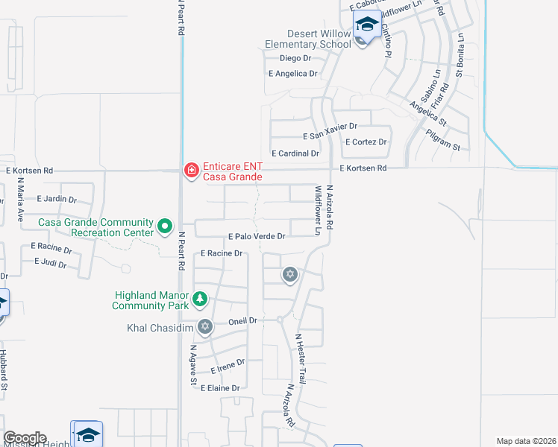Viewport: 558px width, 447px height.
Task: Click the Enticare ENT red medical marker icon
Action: [192, 171]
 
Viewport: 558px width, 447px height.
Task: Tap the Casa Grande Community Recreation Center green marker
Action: [165, 224]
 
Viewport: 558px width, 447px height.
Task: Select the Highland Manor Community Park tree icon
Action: [200, 299]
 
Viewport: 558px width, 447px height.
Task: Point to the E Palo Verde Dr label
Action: [257, 236]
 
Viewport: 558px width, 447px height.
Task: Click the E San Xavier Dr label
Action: [330, 136]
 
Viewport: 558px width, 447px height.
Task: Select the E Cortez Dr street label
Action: [366, 142]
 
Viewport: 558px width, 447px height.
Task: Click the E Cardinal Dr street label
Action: [295, 153]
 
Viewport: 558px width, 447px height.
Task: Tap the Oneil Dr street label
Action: [242, 320]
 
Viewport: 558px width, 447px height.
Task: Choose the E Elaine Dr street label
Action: [219, 388]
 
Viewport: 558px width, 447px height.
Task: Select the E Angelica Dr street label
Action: [293, 74]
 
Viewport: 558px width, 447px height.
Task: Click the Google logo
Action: [25, 438]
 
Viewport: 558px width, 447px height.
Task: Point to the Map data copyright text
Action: [527, 441]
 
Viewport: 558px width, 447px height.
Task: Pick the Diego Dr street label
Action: [295, 58]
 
